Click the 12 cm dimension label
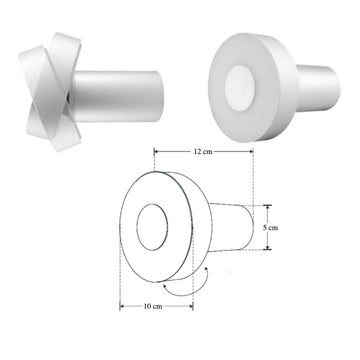(204, 151)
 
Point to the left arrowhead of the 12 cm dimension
(156, 151)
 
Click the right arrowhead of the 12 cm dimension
(257, 151)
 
